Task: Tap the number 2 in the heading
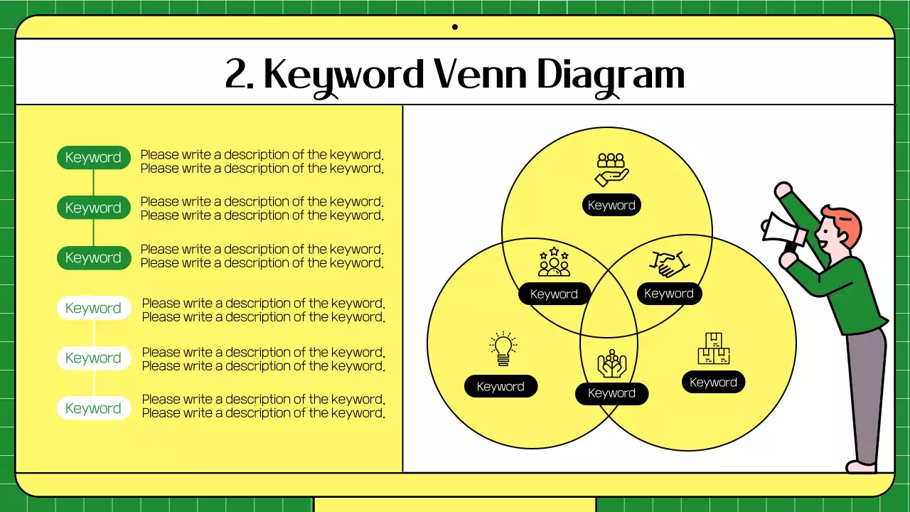click(x=237, y=74)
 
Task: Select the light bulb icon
click(x=503, y=349)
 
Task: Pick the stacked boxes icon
click(x=713, y=348)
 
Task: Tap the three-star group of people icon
click(x=554, y=262)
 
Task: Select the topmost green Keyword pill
click(x=94, y=158)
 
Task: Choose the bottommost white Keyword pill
click(x=94, y=408)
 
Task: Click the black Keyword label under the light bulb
click(x=500, y=387)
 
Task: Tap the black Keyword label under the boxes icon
click(x=713, y=383)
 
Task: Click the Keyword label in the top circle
click(x=611, y=206)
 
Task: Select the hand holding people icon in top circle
click(x=611, y=169)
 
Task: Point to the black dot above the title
click(x=455, y=27)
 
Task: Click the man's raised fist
click(x=783, y=190)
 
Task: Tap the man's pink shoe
click(x=861, y=466)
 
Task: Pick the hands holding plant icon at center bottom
click(x=611, y=363)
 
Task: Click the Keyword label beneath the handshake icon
click(x=668, y=294)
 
